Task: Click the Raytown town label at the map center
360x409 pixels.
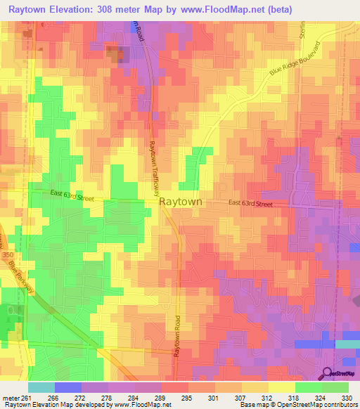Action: point(181,201)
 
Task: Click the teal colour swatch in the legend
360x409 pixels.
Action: point(41,387)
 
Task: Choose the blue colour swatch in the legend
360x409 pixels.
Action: point(68,387)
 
